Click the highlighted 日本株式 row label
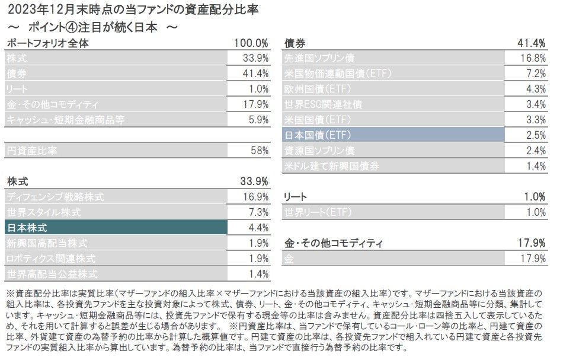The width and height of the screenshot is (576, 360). coord(27,227)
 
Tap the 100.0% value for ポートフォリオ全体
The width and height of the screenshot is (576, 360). coord(252,43)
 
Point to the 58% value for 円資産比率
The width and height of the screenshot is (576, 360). coord(260,151)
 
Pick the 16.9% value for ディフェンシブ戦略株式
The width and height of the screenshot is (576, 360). coord(255,196)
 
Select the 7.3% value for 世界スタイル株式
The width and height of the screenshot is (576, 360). coord(257,212)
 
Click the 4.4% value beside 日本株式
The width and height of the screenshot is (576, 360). coord(257,227)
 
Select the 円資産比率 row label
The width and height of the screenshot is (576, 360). coord(31,151)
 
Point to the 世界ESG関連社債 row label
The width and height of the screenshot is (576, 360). coord(323,104)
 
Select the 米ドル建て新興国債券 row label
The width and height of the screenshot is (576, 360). coord(331,166)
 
